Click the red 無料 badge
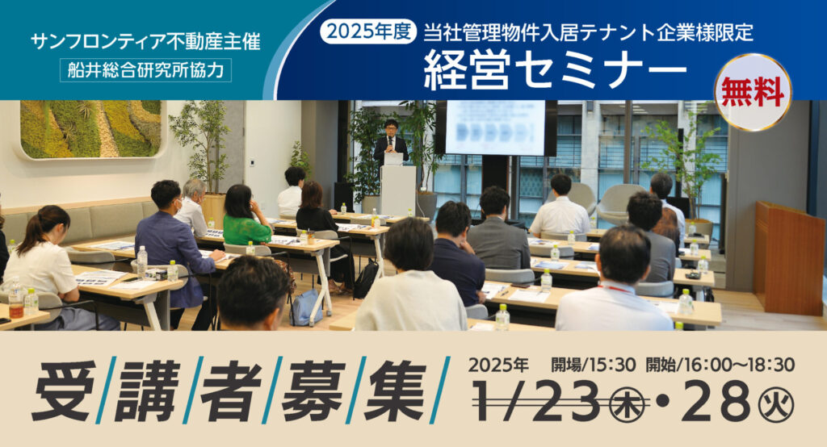pyautogui.click(x=753, y=92)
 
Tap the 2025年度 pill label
pyautogui.click(x=368, y=32)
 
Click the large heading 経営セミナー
pyautogui.click(x=555, y=69)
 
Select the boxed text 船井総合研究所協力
pyautogui.click(x=145, y=70)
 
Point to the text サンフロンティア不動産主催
pyautogui.click(x=145, y=41)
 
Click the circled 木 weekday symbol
pyautogui.click(x=628, y=407)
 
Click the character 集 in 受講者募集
pyautogui.click(x=395, y=391)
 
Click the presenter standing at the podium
pyautogui.click(x=391, y=141)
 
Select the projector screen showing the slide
pyautogui.click(x=495, y=128)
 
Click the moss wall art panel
pyautogui.click(x=90, y=130)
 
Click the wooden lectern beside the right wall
pyautogui.click(x=788, y=258)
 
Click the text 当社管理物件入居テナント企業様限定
pyautogui.click(x=588, y=33)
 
